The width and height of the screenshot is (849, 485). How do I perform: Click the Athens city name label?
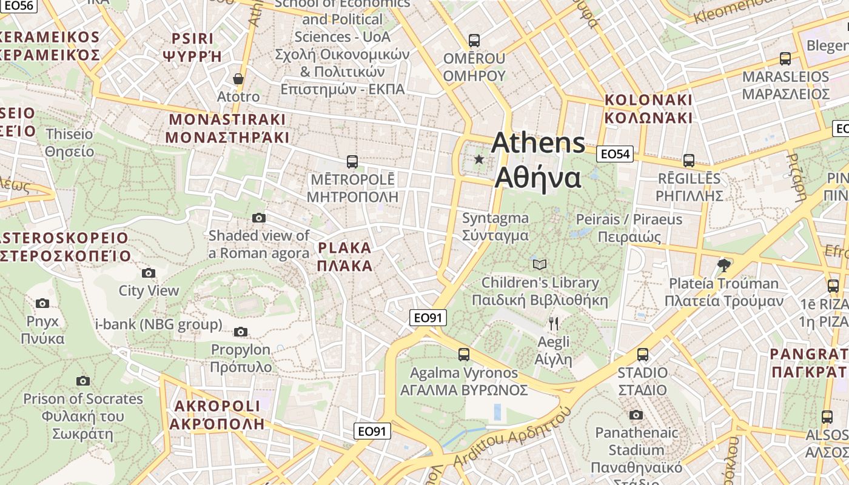pos(539,160)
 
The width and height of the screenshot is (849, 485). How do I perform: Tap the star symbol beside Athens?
pos(479,159)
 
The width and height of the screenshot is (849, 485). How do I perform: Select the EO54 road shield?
pos(615,154)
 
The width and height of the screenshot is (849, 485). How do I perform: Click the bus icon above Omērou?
pos(474,41)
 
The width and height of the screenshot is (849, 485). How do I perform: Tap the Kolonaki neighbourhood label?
pos(648,109)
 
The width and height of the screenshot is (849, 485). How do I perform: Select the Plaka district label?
pos(344,256)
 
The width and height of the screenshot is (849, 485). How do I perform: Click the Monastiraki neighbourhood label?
pos(227,128)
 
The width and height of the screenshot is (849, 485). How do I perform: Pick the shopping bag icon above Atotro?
pos(238,79)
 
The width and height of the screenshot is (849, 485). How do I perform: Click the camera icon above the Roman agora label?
pos(259,218)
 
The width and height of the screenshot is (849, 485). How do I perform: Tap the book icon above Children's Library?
pos(540,264)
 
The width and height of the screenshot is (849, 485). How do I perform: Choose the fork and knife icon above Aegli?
pos(553,323)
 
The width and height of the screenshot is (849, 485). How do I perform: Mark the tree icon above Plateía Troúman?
pos(723,265)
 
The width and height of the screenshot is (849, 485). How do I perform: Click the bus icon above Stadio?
pos(643,354)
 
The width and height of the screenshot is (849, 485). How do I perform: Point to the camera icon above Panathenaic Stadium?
pos(636,415)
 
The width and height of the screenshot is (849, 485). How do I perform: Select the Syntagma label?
pos(495,226)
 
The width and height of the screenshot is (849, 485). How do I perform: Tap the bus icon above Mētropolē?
pos(352,162)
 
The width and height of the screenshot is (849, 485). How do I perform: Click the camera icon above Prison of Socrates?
pos(83,381)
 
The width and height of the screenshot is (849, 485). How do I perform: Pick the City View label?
pos(149,290)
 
